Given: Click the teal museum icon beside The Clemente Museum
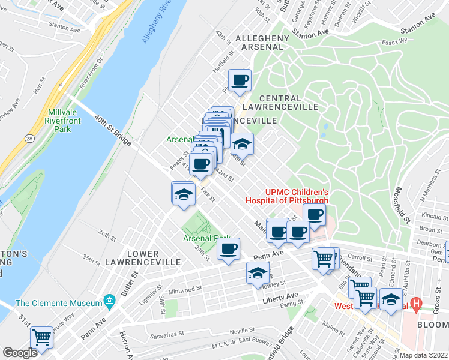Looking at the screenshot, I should coord(109,300).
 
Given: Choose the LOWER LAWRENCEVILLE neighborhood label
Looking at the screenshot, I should coord(143,258).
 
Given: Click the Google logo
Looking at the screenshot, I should coord(20,352).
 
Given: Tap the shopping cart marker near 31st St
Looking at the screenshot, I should coord(41,337).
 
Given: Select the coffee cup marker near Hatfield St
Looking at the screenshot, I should coord(240,80).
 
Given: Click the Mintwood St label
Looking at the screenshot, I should coord(185,289).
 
